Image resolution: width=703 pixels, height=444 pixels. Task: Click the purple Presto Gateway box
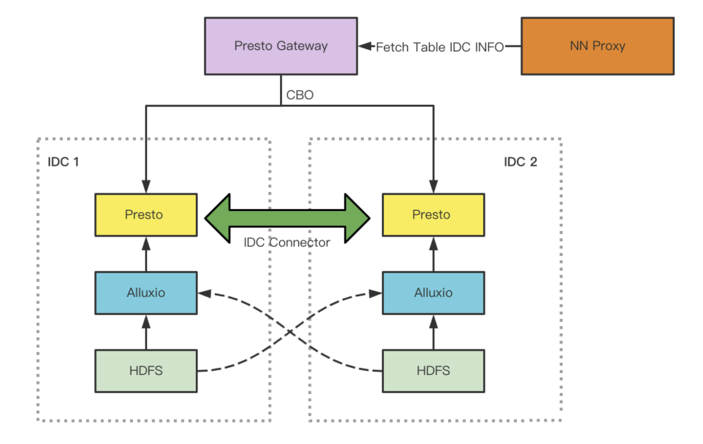281,46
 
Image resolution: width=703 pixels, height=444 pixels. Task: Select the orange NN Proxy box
597,46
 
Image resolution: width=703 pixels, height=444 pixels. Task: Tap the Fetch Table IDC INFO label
439,47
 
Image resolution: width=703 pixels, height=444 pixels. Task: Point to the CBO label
299,95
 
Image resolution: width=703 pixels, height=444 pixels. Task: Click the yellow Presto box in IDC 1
146,215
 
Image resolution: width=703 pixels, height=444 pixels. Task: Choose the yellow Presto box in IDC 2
433,215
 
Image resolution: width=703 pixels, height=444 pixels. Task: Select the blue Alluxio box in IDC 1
146,293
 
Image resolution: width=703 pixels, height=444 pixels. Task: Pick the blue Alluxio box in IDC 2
433,293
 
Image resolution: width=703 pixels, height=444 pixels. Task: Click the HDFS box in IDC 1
146,371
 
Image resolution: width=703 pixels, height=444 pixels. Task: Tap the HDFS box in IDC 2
433,371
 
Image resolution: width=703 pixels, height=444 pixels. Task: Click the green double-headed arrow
288,218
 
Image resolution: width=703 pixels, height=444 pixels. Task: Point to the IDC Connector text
287,243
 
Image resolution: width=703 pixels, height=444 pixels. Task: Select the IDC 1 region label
63,162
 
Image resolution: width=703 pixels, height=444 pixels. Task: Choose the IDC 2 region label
520,162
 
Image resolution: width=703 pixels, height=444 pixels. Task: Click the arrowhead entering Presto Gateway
365,46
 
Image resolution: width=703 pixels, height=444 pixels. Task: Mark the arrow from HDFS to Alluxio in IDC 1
146,332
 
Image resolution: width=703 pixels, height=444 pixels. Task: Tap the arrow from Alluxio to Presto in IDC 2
433,254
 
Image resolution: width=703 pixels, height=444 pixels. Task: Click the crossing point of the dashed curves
290,332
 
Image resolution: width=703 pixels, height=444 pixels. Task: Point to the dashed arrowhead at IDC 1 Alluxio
204,294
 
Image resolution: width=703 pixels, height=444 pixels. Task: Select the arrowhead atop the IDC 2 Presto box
433,187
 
